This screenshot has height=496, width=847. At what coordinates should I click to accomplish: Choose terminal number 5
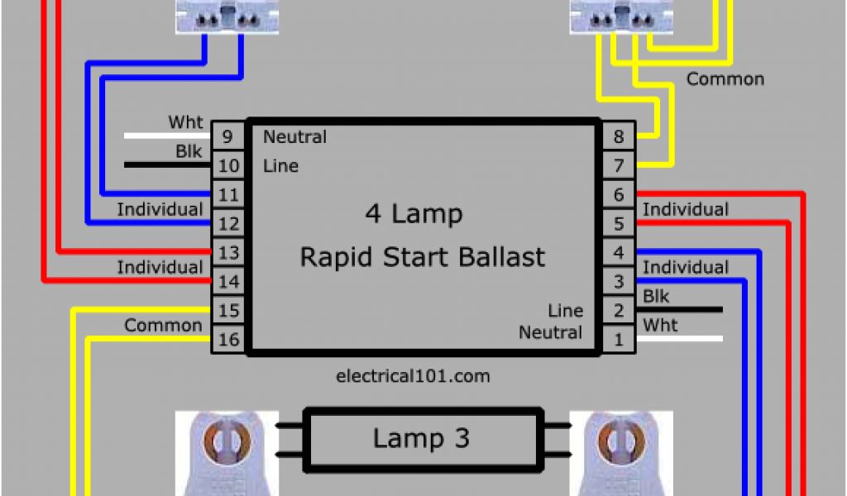point(618,223)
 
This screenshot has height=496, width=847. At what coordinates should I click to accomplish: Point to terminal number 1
point(618,339)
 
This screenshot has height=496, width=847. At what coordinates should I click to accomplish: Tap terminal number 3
point(618,281)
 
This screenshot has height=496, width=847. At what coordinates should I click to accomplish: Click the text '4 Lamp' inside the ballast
point(414,214)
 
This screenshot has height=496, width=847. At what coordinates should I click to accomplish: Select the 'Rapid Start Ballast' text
point(422,257)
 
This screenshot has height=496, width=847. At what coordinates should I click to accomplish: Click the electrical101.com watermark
point(413,376)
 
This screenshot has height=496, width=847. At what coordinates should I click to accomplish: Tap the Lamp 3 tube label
point(421,438)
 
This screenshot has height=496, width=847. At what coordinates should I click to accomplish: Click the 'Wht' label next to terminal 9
point(185,122)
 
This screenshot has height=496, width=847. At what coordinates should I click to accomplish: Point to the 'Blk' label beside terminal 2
point(656,296)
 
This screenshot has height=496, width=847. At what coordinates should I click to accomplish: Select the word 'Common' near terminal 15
point(163,325)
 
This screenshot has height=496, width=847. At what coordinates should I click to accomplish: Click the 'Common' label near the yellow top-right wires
point(725,79)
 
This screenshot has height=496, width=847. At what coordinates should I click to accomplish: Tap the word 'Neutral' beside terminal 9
point(294,137)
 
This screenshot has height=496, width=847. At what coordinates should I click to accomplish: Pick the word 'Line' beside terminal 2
point(565,311)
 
